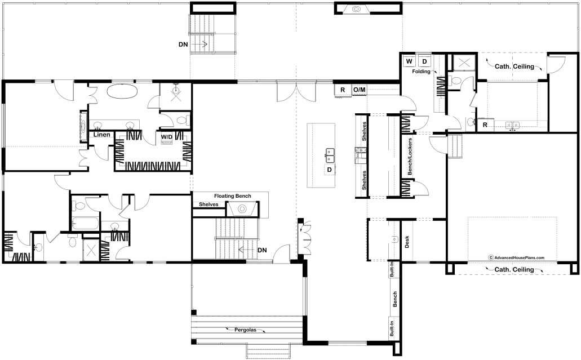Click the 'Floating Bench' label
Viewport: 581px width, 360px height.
coord(232,196)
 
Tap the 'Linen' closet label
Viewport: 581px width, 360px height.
coord(101,135)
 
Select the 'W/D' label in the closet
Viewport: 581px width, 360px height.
coord(166,137)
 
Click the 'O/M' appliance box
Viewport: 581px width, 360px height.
coord(359,90)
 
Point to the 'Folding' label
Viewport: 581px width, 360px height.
coord(421,72)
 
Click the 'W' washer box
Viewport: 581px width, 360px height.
coord(409,61)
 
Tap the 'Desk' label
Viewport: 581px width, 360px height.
coord(407,242)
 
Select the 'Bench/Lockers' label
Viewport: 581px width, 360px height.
coord(410,157)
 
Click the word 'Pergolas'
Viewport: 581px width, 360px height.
coord(245,330)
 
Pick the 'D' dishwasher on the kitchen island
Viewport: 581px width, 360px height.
coord(330,170)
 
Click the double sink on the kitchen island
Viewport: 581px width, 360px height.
coord(330,155)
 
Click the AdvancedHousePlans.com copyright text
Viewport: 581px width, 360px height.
coord(516,257)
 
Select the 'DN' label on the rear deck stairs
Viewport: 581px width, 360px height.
coord(183,45)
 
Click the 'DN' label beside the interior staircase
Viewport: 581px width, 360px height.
coord(262,250)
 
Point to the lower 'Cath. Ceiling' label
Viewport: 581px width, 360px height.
coord(514,269)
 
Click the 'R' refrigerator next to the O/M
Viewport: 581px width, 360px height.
coord(343,90)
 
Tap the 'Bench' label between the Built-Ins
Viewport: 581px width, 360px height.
coord(395,299)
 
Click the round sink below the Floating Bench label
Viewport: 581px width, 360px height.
coord(242,209)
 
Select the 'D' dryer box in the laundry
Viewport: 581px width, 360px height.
coord(425,61)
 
